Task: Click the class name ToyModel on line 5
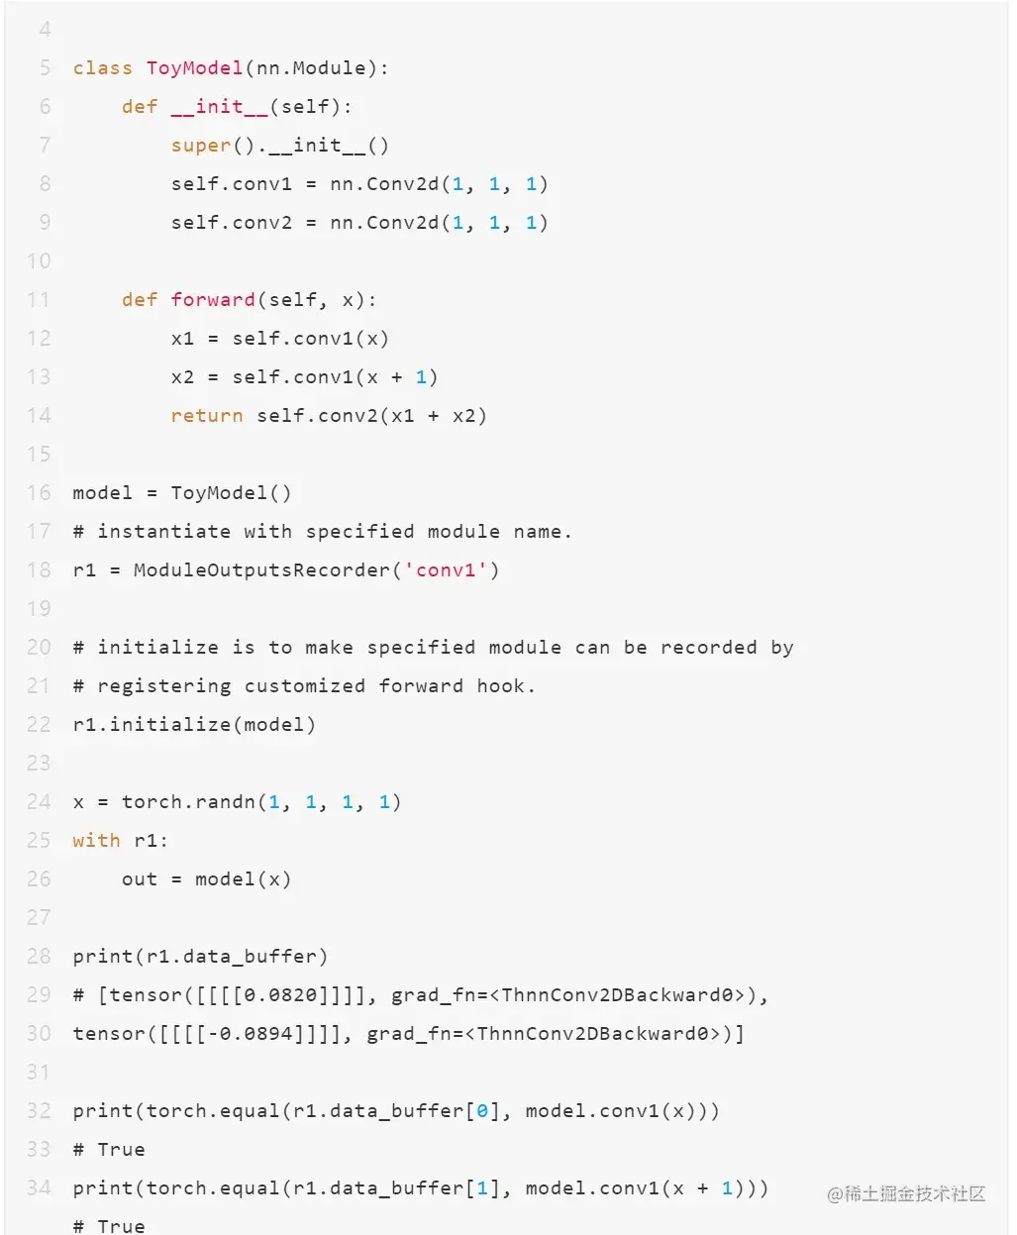pyautogui.click(x=194, y=68)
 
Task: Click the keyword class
pyautogui.click(x=102, y=68)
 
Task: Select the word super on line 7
pyautogui.click(x=200, y=146)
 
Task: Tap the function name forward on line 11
pyautogui.click(x=213, y=300)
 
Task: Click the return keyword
pyautogui.click(x=206, y=416)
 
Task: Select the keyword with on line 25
pyautogui.click(x=96, y=841)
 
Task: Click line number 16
pyautogui.click(x=39, y=493)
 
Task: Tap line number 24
pyautogui.click(x=39, y=802)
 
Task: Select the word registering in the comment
pyautogui.click(x=163, y=686)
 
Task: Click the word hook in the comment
pyautogui.click(x=501, y=686)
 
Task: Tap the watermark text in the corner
pyautogui.click(x=906, y=1194)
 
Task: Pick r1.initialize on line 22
pyautogui.click(x=152, y=725)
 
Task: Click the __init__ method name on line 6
pyautogui.click(x=219, y=107)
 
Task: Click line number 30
pyautogui.click(x=39, y=1034)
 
